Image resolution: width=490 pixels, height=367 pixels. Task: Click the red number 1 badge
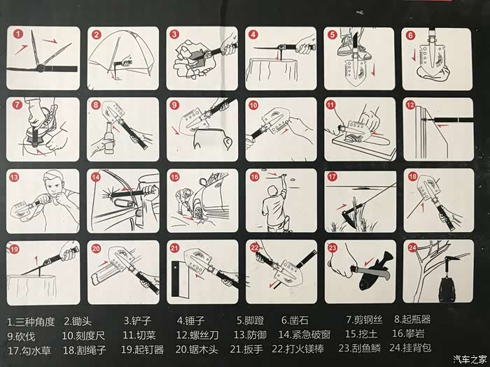(18, 34)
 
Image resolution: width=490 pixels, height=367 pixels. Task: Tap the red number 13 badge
(14, 178)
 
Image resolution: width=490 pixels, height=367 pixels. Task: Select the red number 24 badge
(412, 247)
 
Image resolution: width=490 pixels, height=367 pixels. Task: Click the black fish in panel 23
(374, 271)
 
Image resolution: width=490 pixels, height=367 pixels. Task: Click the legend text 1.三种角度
(31, 322)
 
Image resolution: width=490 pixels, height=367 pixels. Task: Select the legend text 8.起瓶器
(412, 319)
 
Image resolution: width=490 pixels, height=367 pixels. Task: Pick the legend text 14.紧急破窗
(304, 335)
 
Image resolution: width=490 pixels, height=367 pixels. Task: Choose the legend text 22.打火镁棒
(297, 349)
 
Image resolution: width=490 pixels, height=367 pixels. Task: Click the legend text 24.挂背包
(410, 347)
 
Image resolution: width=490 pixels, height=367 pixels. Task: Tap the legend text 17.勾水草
(29, 350)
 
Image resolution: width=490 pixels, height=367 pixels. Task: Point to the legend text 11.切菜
(139, 335)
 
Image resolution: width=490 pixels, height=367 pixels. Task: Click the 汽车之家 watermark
(470, 359)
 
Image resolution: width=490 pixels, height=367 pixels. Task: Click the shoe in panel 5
(352, 47)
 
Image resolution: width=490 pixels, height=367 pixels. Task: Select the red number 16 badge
(254, 177)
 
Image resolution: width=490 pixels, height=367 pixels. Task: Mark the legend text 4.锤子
(190, 320)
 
